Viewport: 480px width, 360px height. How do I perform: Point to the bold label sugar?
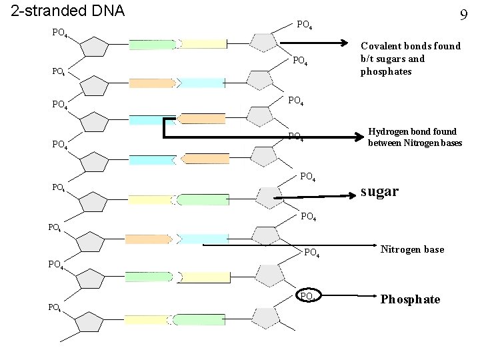pos(379,191)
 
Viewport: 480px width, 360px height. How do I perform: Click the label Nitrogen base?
pos(412,249)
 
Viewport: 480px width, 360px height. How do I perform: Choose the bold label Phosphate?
pos(410,299)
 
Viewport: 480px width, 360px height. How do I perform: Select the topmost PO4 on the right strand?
pos(305,25)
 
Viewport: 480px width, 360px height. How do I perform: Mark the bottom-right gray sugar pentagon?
pos(270,318)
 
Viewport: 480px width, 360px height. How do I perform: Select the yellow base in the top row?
pos(203,44)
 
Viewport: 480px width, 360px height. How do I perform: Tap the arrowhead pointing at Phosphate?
pos(369,299)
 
